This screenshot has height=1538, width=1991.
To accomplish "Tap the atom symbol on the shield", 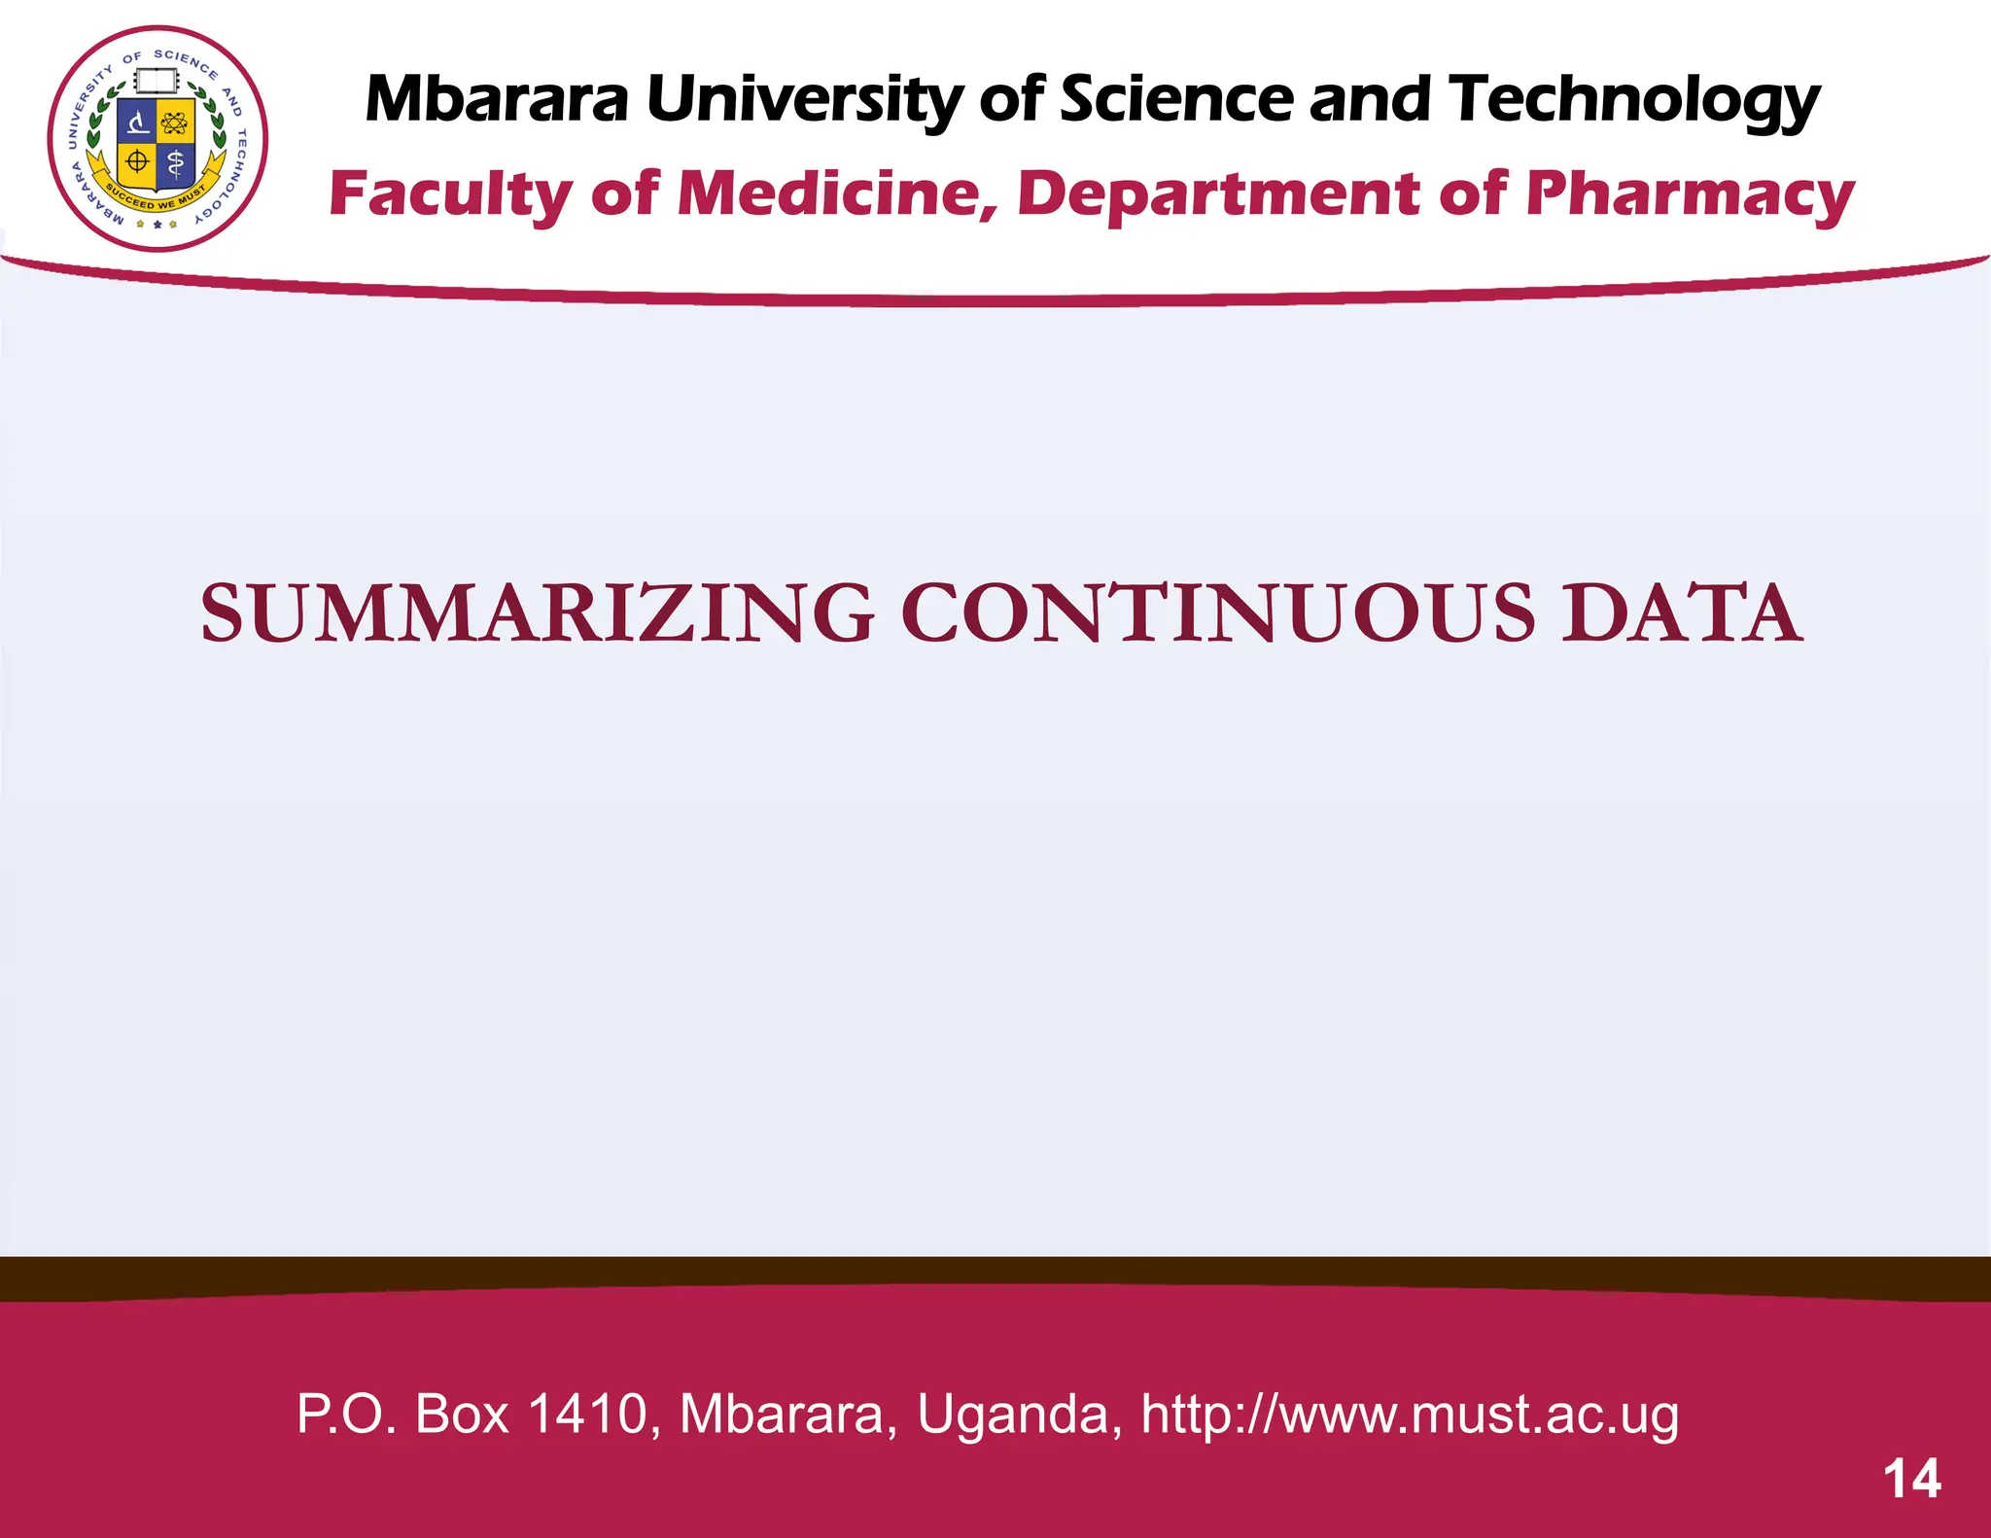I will point(175,123).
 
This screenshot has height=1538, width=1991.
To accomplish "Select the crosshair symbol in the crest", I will point(138,162).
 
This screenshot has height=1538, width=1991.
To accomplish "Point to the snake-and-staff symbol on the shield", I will point(175,164).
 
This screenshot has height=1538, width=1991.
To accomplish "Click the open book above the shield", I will point(157,83).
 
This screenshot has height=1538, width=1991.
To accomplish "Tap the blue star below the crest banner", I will point(157,225).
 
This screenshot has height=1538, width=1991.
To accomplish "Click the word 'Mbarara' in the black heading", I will point(497,99).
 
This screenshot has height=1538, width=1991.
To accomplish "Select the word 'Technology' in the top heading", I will point(1633,101).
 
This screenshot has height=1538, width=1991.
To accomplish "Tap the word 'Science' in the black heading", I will point(1176,99).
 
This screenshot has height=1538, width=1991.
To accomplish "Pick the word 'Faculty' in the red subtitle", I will point(451,194).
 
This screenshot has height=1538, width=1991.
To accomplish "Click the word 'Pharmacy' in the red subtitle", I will point(1690,194).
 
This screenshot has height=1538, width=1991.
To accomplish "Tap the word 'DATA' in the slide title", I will point(1681,613).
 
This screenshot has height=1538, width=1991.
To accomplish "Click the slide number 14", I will point(1911,1479).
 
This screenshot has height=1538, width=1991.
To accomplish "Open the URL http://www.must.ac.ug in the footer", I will point(1409,1414).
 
